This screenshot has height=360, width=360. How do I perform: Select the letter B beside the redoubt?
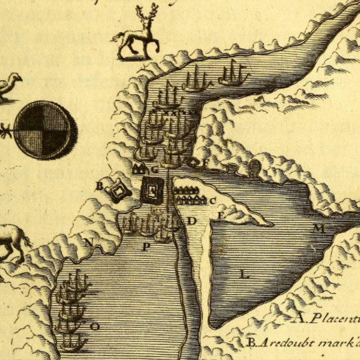point(100,186)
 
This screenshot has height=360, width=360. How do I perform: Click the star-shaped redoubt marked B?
point(118,191)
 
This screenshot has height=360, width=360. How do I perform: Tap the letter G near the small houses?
point(154,169)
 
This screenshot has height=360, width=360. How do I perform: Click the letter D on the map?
point(191,220)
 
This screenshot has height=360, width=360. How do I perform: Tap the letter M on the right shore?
point(319,229)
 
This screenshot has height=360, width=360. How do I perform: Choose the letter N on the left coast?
point(88,241)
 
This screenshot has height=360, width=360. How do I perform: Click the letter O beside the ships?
point(95,326)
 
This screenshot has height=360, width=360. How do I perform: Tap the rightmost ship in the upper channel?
point(234,75)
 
